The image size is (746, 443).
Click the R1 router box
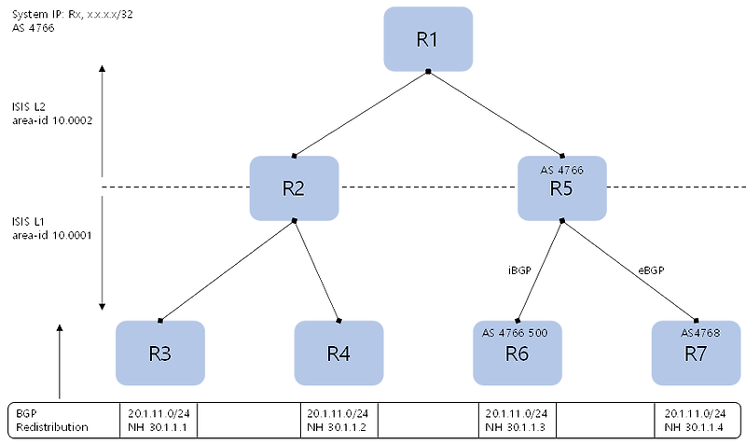pyautogui.click(x=428, y=39)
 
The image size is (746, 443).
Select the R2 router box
pyautogui.click(x=294, y=187)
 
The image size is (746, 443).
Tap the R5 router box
pyautogui.click(x=562, y=187)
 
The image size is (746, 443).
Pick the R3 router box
pyautogui.click(x=159, y=353)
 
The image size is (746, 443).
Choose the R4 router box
pyautogui.click(x=338, y=353)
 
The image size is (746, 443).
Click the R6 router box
pyautogui.click(x=518, y=353)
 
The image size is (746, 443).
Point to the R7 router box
pyautogui.click(x=697, y=353)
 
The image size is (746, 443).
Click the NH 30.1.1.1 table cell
pyautogui.click(x=160, y=419)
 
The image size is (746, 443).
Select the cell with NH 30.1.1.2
pyautogui.click(x=338, y=419)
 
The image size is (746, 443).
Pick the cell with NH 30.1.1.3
pyautogui.click(x=518, y=419)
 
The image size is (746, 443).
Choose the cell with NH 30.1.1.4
pyautogui.click(x=696, y=419)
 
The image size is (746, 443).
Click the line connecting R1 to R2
pyautogui.click(x=361, y=112)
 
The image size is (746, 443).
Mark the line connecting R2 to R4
pyautogui.click(x=316, y=270)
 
